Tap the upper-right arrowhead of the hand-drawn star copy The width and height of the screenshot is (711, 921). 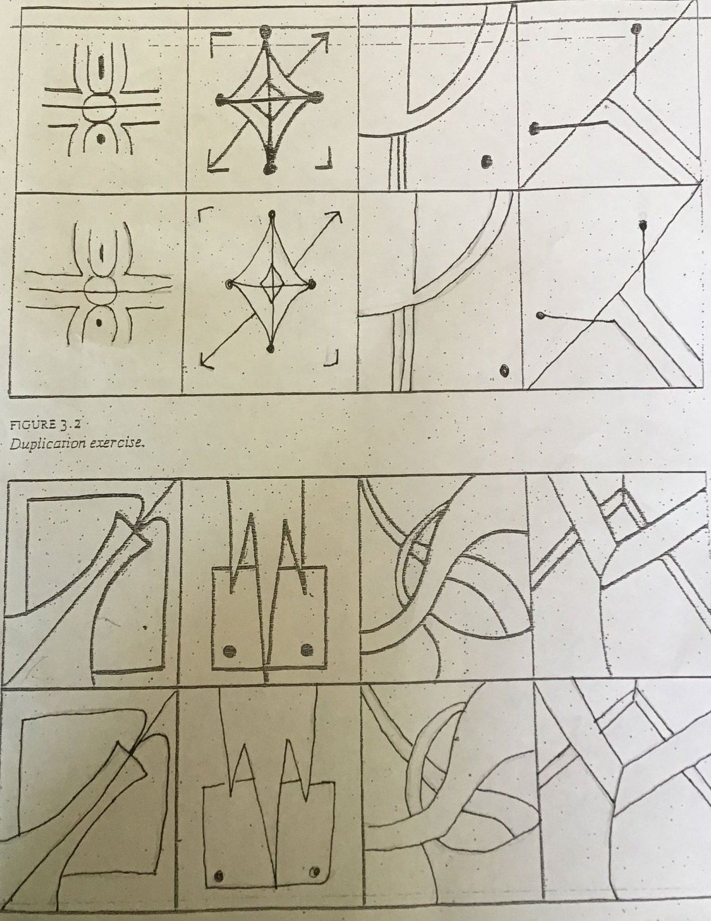[336, 218]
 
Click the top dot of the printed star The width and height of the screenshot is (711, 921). [266, 30]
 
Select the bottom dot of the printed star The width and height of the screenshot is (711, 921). [270, 167]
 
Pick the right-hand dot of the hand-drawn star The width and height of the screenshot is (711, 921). [311, 284]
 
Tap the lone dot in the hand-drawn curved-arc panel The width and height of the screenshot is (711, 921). [504, 370]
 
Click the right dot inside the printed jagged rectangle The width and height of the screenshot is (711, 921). [307, 650]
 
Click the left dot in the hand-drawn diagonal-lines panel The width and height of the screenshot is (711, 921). [540, 315]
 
